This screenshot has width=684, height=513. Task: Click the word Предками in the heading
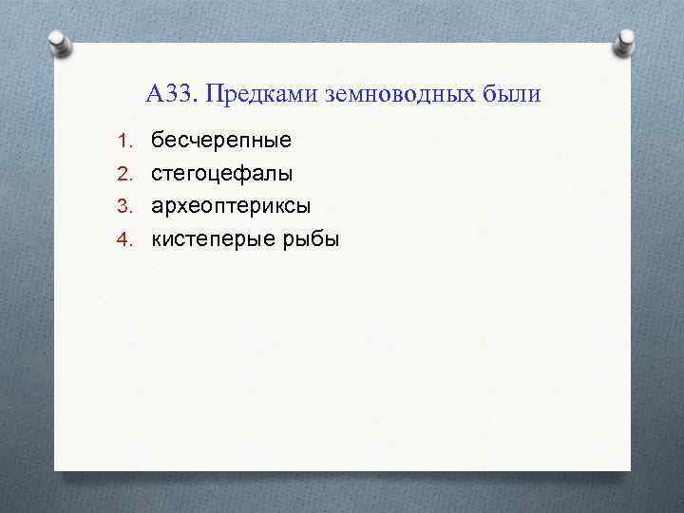[261, 95]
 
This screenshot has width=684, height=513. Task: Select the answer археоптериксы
[231, 206]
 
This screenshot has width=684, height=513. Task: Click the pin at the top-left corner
[59, 43]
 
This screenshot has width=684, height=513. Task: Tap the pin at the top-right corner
[626, 43]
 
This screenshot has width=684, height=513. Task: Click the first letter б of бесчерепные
[158, 141]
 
